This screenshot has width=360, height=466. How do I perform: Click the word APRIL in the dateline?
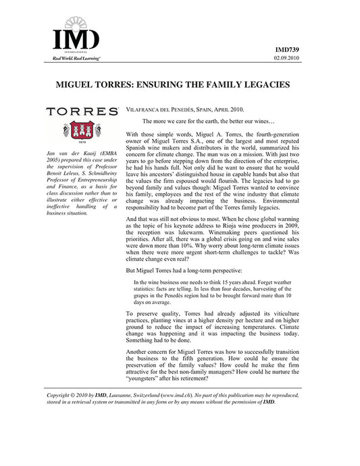pos(223,109)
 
